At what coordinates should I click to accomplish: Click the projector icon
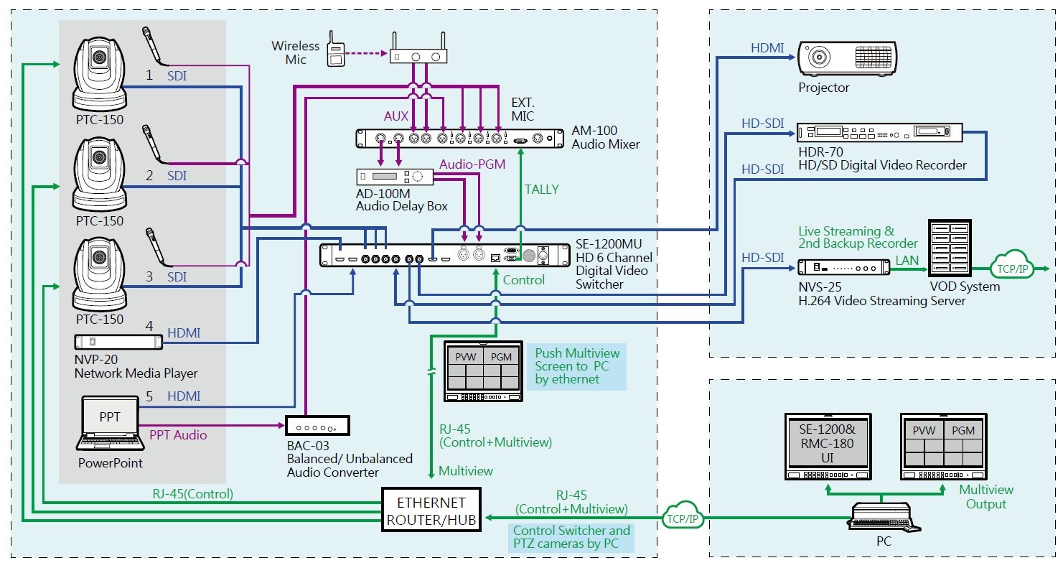848,58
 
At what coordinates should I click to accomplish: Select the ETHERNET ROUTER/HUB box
431,510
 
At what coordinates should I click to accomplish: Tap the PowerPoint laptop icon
110,423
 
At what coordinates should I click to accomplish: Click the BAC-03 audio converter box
317,426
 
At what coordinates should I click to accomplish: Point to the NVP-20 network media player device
118,342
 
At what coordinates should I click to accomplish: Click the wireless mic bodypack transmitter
335,50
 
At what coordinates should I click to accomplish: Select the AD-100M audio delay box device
395,177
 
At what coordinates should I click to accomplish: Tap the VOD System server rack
950,248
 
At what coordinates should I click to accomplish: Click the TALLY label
541,190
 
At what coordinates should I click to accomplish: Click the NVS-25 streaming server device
844,267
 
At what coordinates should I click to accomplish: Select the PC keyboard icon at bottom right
884,518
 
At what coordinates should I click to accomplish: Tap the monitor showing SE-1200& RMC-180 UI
828,447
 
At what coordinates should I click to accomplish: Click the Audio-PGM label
472,164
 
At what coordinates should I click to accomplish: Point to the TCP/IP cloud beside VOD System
1012,266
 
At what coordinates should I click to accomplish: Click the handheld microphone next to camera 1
154,46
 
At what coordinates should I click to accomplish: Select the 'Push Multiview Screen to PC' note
577,366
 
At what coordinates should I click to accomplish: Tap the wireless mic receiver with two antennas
418,48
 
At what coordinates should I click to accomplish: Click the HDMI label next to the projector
767,48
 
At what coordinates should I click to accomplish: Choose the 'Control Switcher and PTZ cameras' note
571,537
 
